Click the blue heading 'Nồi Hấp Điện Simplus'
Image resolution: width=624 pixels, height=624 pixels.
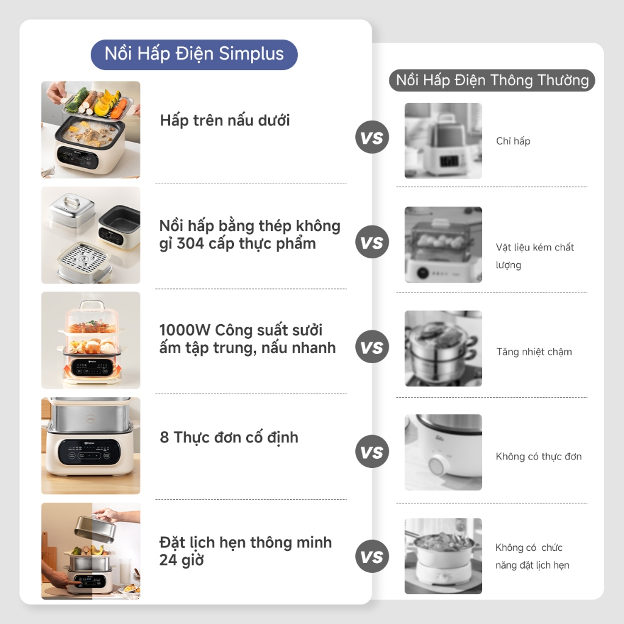click(x=194, y=54)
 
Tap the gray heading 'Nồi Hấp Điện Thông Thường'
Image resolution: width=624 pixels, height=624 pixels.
click(x=492, y=80)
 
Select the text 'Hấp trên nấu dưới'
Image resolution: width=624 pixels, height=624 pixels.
click(x=225, y=120)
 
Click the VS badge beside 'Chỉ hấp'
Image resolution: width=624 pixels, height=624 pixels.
click(x=372, y=137)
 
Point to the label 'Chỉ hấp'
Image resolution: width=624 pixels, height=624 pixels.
click(x=513, y=141)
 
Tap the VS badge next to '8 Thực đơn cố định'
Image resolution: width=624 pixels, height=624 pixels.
click(x=372, y=452)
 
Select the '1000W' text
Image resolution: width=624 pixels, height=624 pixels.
click(x=185, y=330)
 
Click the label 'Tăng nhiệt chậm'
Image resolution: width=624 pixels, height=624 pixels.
click(x=534, y=352)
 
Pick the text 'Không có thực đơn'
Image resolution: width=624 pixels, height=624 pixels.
click(x=539, y=456)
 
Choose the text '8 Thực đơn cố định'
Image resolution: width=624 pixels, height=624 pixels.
click(x=229, y=438)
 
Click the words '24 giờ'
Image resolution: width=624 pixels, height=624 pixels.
click(x=182, y=560)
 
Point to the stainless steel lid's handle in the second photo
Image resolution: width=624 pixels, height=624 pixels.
click(x=71, y=200)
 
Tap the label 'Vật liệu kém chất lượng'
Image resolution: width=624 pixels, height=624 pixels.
click(x=534, y=256)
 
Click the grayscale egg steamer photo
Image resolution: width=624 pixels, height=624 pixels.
click(x=444, y=245)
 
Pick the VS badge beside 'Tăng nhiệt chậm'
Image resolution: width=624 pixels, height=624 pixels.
click(x=372, y=347)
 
